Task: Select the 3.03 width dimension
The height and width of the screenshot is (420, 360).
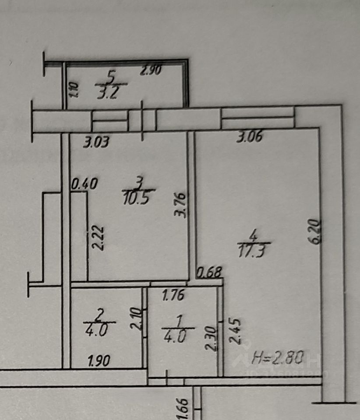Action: (96, 142)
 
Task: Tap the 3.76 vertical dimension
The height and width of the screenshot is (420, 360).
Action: (183, 205)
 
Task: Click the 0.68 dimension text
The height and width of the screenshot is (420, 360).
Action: (209, 273)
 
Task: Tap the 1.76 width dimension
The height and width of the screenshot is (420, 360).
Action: (173, 296)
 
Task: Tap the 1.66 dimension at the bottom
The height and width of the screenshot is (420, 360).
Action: (184, 408)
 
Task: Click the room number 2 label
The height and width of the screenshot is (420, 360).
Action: (100, 313)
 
